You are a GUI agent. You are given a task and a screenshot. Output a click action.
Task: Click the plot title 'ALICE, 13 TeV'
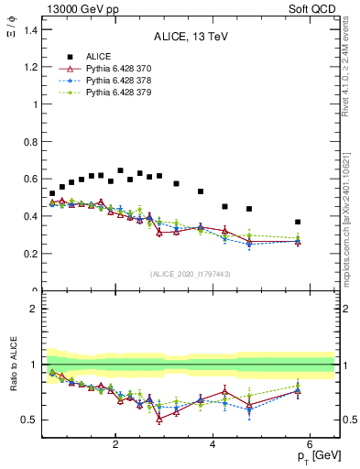click(x=190, y=37)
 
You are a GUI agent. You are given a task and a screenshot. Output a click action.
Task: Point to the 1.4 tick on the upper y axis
click(x=29, y=30)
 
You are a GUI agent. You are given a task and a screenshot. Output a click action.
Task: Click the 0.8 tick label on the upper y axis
click(x=29, y=142)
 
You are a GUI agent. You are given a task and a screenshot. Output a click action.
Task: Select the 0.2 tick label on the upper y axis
click(x=29, y=254)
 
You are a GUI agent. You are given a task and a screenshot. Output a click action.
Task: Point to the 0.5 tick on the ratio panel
click(x=29, y=420)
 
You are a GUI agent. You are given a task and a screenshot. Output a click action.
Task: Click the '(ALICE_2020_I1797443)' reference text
click(x=190, y=274)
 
